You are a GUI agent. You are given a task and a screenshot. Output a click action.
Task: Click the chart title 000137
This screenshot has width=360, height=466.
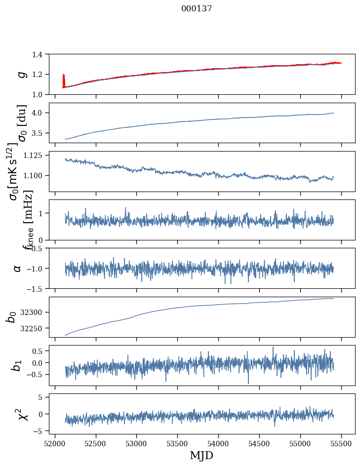(x=197, y=9)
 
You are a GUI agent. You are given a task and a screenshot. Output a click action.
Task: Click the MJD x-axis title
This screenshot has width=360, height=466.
(x=201, y=456)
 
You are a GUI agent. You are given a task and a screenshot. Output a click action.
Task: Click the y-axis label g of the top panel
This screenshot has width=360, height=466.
(x=21, y=74)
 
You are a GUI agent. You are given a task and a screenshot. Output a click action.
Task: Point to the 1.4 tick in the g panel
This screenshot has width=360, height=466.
(x=42, y=54)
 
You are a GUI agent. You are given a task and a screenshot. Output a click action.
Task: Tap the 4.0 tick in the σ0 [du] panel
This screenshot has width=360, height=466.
(x=42, y=113)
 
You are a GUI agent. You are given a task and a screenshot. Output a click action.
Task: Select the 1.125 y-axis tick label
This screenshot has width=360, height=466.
(x=38, y=155)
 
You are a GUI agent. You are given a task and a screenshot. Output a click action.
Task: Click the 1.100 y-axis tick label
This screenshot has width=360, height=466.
(x=38, y=175)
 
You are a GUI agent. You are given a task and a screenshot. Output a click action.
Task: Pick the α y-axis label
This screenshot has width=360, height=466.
(x=17, y=268)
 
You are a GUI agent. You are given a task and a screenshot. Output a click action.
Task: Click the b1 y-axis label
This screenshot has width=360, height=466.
(x=17, y=365)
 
